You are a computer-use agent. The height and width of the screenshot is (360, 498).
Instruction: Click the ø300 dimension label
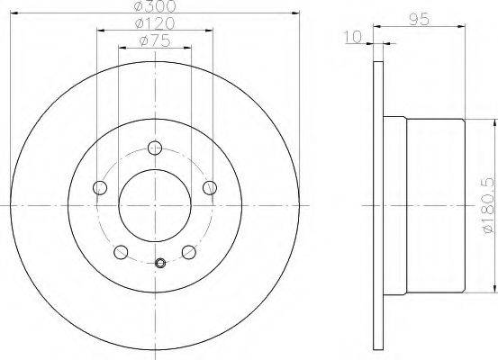click(x=155, y=6)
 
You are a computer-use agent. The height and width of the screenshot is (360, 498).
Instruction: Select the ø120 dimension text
click(x=155, y=23)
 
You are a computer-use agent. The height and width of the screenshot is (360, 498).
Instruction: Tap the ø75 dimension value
click(x=155, y=41)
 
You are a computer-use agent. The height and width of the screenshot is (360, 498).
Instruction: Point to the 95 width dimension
click(x=420, y=19)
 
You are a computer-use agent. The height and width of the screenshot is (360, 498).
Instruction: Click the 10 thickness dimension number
click(x=353, y=37)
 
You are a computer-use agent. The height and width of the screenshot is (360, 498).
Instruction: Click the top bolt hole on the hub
click(x=155, y=148)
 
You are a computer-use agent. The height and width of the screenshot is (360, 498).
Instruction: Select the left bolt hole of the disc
click(x=100, y=187)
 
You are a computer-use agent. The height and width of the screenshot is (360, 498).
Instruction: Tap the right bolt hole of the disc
click(x=210, y=187)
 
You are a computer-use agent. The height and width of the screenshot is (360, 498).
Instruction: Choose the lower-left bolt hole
click(x=121, y=252)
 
